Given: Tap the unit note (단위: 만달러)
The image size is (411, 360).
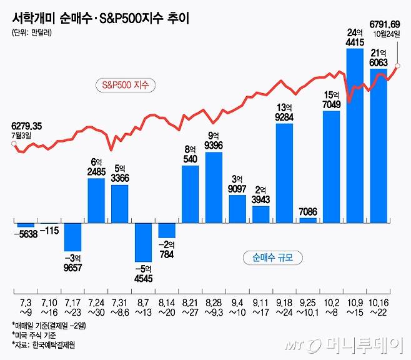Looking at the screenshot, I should [x=32, y=33].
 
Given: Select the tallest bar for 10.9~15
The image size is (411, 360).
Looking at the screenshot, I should [x=355, y=134].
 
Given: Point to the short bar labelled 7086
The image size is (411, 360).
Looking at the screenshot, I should [x=308, y=219].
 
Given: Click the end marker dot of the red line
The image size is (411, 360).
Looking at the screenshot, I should [x=398, y=66].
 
